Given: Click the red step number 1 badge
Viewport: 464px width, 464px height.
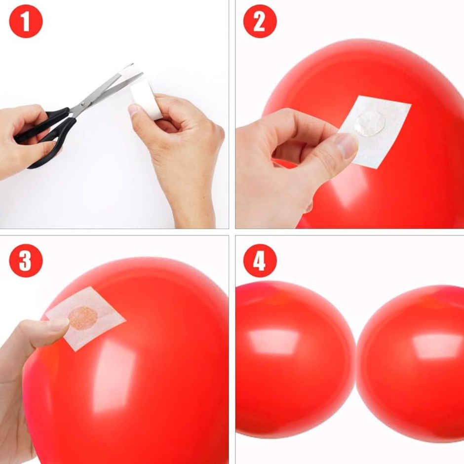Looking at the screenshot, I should coord(26,21).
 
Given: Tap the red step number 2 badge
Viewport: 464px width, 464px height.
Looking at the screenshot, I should coord(260,21).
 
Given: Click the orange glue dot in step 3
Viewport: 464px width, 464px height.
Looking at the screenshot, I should coord(82,318).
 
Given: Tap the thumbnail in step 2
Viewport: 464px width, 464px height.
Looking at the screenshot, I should coord(346,145).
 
